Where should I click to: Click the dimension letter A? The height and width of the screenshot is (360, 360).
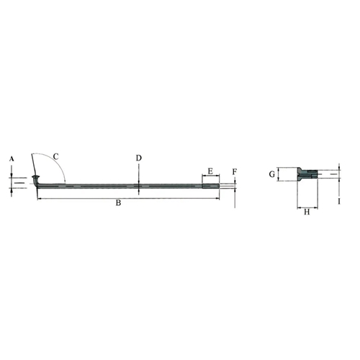click(x=12, y=159)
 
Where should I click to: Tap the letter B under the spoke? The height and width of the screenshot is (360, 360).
click(x=118, y=203)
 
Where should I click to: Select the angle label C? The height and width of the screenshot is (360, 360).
click(x=55, y=156)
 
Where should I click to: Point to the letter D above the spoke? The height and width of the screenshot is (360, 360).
click(x=139, y=158)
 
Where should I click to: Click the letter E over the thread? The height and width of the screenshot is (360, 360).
click(x=210, y=171)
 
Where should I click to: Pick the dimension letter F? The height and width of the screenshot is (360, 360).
click(x=235, y=172)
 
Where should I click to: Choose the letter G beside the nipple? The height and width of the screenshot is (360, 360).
click(x=271, y=174)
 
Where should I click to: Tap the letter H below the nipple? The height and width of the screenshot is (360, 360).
click(x=307, y=212)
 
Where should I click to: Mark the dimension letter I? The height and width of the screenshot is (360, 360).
click(x=339, y=202)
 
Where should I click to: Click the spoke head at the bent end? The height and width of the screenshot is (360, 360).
click(x=35, y=177)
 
